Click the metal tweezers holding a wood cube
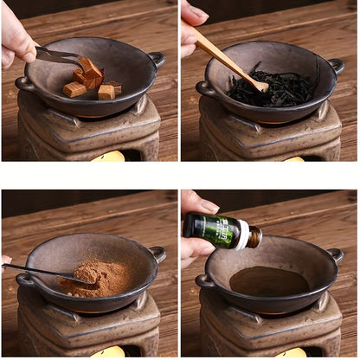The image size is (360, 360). pyautogui.click(x=59, y=56)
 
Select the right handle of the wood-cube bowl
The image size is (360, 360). pyautogui.click(x=156, y=59)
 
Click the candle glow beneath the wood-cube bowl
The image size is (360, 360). pyautogui.click(x=110, y=156)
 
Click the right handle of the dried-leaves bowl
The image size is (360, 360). pyautogui.click(x=336, y=66)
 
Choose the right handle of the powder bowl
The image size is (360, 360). pyautogui.click(x=157, y=254)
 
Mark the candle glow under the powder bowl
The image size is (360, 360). pyautogui.click(x=110, y=351)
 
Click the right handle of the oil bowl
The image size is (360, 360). pyautogui.click(x=336, y=255)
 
